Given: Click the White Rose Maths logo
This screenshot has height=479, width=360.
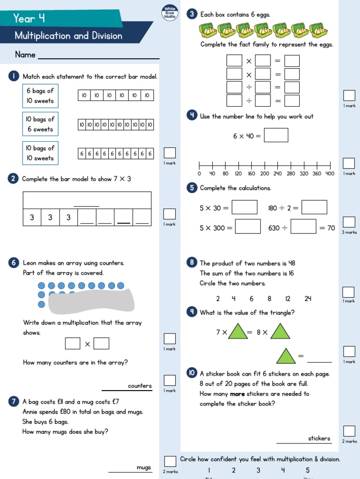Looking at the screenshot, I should point(169,13).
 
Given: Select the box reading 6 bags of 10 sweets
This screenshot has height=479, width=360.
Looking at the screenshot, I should point(40,96).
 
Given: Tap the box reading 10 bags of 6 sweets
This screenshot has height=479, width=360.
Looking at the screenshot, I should point(40,124).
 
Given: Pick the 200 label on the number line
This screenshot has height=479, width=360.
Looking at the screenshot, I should point(265,174).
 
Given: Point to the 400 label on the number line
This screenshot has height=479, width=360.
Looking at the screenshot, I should point(330,174).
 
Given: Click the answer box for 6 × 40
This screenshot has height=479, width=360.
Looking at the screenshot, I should point(276,136).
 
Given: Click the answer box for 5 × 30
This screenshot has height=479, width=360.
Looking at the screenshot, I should point(244,207).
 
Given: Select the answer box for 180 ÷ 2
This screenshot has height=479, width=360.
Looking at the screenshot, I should point(314,207).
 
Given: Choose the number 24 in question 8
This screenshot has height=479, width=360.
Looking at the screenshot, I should point(307,299).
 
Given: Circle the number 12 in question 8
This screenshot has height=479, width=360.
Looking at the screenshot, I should point(287,299).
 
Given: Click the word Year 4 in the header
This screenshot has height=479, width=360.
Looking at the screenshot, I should point(29,19).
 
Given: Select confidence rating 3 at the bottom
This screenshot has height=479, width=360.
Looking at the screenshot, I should point(258,470).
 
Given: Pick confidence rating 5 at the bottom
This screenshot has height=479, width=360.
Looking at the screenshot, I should point(308,470).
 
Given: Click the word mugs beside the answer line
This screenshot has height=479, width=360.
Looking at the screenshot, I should point(144,467).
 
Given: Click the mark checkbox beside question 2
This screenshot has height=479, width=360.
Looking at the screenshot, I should point(170,214).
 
